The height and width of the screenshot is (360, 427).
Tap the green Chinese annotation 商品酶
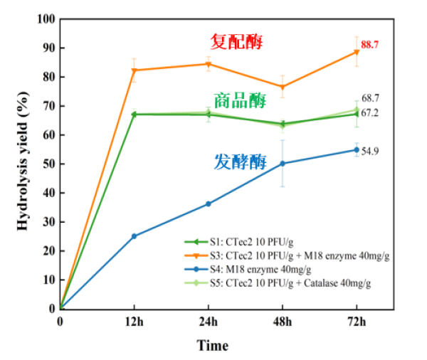[x=240, y=100]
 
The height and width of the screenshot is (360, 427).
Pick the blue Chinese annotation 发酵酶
[x=240, y=162]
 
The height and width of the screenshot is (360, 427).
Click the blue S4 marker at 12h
[x=134, y=236]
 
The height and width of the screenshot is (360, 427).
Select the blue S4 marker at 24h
[x=209, y=203]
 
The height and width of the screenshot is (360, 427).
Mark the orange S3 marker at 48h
[x=283, y=87]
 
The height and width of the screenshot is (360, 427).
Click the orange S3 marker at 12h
[x=134, y=70]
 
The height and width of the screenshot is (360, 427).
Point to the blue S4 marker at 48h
[x=283, y=163]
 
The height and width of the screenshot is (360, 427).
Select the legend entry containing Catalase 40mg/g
[x=285, y=283]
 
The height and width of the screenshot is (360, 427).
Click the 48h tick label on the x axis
[x=283, y=322]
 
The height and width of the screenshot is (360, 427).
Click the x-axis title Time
[x=213, y=346]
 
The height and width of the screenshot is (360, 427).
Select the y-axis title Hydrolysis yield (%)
[x=23, y=162]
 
